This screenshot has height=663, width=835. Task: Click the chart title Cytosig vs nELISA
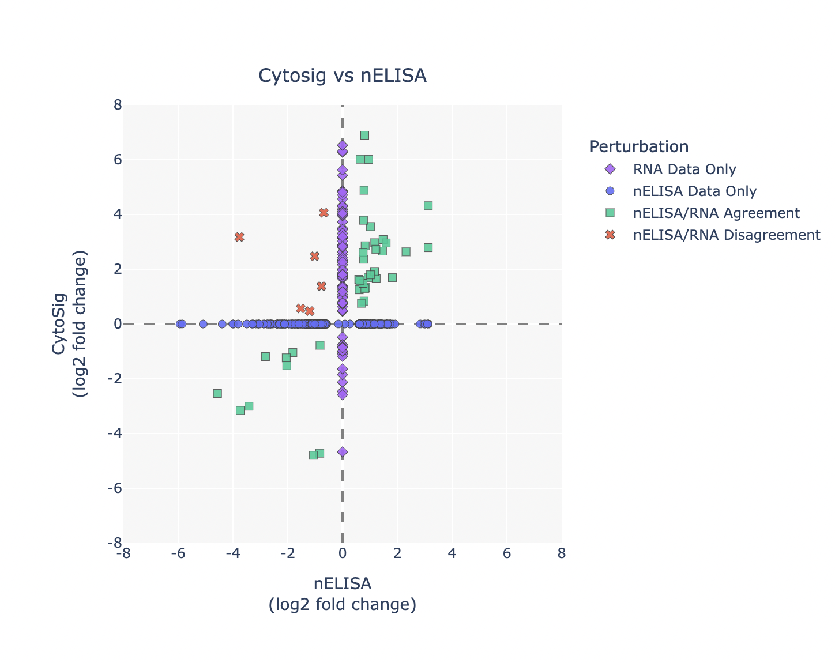(342, 76)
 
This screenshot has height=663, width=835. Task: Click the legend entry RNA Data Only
(684, 169)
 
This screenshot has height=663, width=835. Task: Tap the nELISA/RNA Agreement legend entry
(716, 213)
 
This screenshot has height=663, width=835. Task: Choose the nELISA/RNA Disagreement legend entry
(726, 235)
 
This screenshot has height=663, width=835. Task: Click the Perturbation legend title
(638, 146)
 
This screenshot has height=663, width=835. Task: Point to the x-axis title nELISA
(342, 583)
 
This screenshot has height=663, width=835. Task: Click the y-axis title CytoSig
(59, 323)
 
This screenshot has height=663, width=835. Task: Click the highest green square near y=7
(364, 135)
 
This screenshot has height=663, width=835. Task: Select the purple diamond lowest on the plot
(343, 451)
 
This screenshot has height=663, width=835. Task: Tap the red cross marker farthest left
(239, 237)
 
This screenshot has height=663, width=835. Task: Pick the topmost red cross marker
(324, 213)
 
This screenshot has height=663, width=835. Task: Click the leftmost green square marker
(217, 393)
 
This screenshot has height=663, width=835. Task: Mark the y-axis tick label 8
(117, 105)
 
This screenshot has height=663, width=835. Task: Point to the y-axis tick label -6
(114, 488)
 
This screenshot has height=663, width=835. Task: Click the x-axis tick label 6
(506, 553)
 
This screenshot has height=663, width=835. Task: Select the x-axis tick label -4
(232, 553)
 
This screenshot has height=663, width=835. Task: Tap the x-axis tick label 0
(343, 553)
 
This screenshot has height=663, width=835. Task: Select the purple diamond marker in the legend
(610, 169)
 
